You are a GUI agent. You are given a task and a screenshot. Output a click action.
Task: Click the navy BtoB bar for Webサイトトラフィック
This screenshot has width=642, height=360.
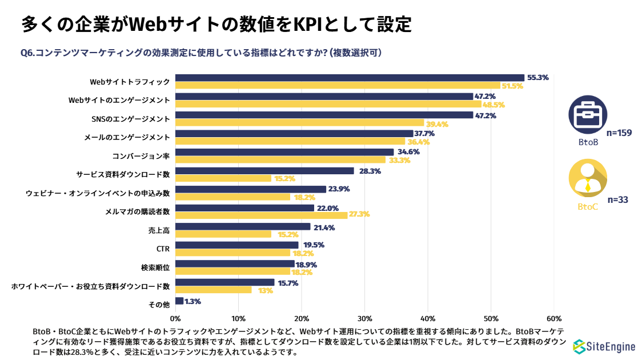350,78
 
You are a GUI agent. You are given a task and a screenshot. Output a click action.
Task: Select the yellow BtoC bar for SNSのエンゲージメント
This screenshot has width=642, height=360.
299,123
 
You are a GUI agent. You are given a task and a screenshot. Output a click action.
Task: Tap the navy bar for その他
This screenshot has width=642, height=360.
179,301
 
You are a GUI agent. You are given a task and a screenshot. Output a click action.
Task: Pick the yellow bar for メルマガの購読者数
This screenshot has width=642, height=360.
261,215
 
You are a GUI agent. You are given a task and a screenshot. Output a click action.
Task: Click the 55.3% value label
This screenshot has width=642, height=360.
537,78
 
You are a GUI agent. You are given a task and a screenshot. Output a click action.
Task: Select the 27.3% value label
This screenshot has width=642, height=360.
359,215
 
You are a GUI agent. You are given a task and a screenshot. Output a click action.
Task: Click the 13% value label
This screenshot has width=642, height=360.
265,290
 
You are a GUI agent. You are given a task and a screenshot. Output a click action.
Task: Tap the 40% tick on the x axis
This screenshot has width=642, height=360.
427,318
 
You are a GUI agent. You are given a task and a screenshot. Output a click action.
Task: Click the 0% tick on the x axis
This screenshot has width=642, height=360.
175,318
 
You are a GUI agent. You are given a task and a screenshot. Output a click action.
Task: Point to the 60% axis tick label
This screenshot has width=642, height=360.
553,318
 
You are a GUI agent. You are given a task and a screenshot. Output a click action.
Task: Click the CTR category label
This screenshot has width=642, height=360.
163,249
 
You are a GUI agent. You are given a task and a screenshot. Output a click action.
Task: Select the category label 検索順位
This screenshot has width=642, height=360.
155,267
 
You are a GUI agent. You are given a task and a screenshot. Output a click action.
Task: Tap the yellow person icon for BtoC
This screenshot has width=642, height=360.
588,178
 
